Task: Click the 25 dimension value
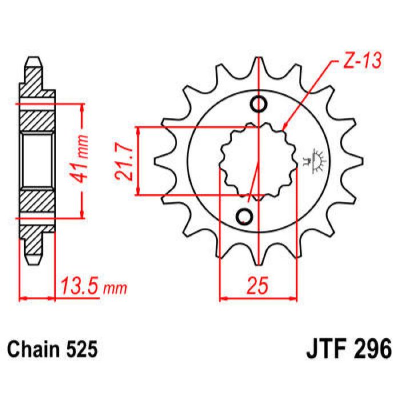[x=258, y=286]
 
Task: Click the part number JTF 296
[x=346, y=347]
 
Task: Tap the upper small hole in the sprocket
[x=258, y=105]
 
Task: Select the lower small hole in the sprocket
[x=245, y=217]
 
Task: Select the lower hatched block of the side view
[x=38, y=204]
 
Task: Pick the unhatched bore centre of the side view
[x=38, y=161]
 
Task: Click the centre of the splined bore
[x=258, y=161]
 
